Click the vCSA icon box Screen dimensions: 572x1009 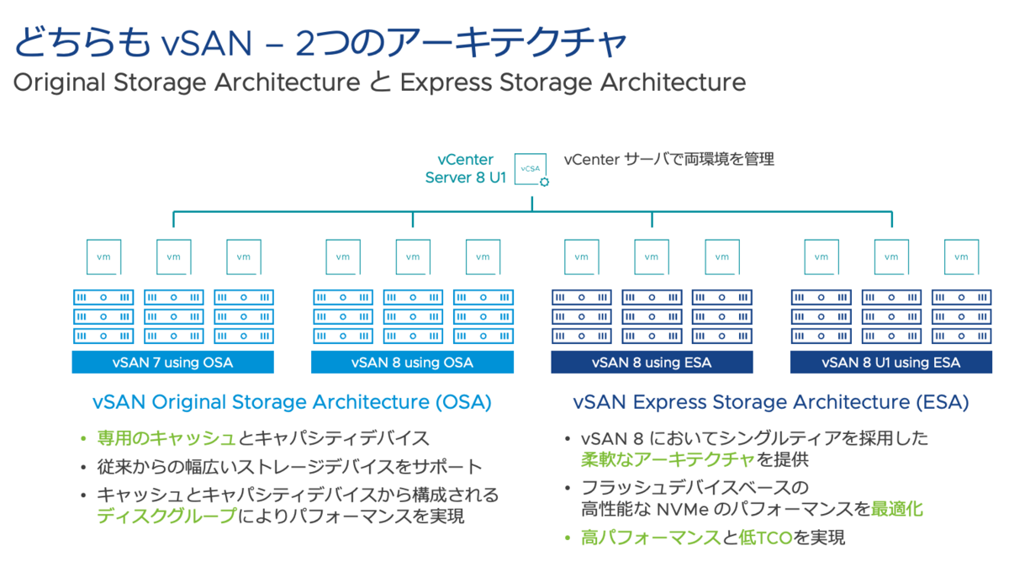531,169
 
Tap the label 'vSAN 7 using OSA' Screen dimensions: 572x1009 172,363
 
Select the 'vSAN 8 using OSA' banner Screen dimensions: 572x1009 412,363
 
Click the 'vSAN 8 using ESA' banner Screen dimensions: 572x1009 652,363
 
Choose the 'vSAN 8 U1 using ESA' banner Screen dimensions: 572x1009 891,363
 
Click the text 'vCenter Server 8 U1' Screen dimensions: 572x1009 465,169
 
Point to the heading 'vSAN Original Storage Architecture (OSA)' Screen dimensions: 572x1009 292,402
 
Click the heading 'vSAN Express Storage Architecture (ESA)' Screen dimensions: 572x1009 770,402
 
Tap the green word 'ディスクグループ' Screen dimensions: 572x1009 166,516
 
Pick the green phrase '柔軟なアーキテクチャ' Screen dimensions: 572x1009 668,459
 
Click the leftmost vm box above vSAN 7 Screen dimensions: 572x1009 103,257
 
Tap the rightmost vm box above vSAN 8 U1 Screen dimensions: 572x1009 961,257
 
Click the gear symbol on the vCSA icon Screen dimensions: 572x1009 545,182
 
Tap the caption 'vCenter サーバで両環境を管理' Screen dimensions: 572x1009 668,158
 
